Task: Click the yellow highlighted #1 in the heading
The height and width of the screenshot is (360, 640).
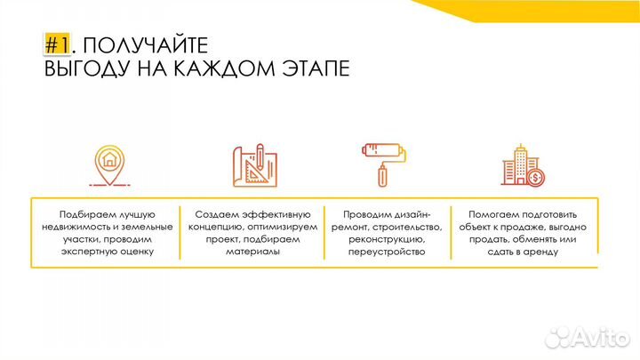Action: [56, 45]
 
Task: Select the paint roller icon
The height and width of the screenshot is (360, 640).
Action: [382, 162]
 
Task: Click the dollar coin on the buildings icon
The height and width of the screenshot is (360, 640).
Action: [535, 177]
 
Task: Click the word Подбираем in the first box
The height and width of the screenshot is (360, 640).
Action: [87, 214]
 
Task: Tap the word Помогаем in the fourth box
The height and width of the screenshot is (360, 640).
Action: [491, 214]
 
